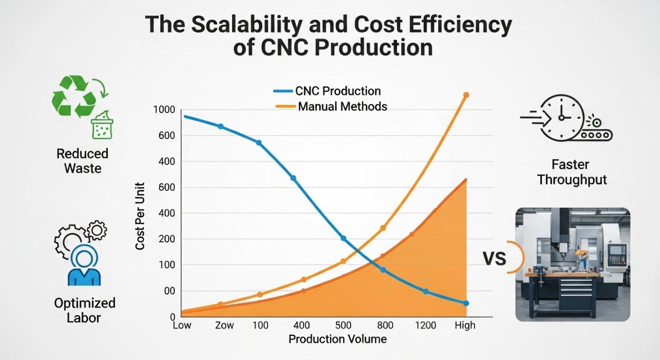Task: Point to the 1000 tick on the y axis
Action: pyautogui.click(x=164, y=110)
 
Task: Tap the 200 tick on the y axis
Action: pyautogui.click(x=168, y=239)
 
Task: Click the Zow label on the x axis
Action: pyautogui.click(x=224, y=325)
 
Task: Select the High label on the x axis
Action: pyautogui.click(x=465, y=325)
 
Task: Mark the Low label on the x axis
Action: pyautogui.click(x=182, y=325)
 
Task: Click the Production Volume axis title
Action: pyautogui.click(x=337, y=339)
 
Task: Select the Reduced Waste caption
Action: pyautogui.click(x=82, y=161)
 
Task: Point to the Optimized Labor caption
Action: pyautogui.click(x=85, y=309)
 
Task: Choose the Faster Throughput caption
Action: pyautogui.click(x=572, y=172)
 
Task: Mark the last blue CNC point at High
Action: pyautogui.click(x=466, y=303)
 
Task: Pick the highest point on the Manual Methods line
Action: pyautogui.click(x=466, y=95)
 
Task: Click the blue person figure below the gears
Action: pyautogui.click(x=84, y=266)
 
